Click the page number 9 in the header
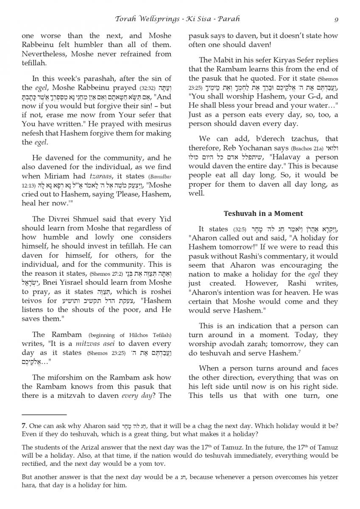(x=336, y=19)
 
